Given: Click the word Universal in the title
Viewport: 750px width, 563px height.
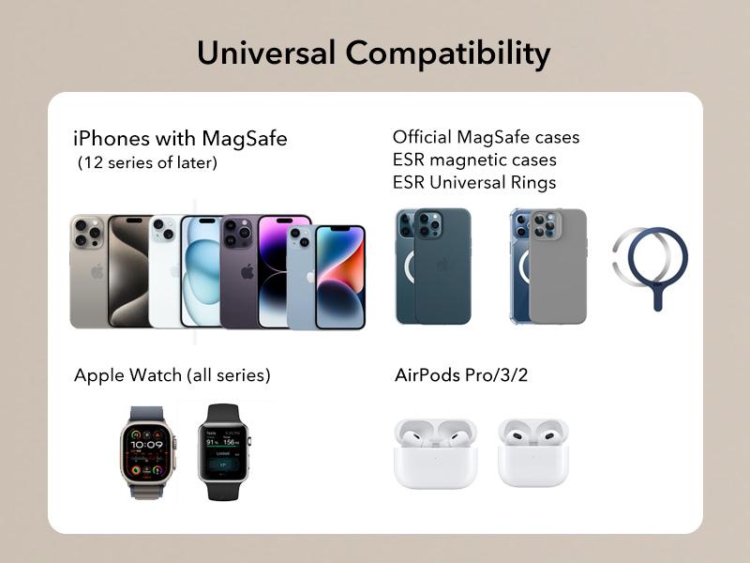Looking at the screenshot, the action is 266,53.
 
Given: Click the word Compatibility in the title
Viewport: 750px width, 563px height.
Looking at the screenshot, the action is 448,54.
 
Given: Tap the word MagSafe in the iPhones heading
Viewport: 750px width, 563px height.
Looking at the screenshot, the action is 245,139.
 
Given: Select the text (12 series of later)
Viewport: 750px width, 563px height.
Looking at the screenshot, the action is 147,162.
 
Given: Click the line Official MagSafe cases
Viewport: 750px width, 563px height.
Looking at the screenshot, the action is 486,137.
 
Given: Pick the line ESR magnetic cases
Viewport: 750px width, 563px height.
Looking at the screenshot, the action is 474,160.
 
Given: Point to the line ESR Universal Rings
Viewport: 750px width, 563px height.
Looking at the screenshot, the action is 474,182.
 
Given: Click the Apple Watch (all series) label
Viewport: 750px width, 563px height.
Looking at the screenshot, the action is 172,374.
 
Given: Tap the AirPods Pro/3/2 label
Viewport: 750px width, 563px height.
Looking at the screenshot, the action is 461,374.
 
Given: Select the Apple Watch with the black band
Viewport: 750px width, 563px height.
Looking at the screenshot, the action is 224,452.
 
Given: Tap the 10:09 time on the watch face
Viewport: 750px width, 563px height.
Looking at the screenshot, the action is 146,445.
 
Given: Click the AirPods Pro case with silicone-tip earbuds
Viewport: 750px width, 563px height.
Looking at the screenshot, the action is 435,453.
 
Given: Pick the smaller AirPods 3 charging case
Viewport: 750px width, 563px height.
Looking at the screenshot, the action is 532,452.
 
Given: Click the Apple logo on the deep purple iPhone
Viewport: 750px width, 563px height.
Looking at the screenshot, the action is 247,271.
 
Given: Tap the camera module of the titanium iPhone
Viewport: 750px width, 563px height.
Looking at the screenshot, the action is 87,232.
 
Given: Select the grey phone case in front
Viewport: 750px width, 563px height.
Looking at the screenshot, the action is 558,266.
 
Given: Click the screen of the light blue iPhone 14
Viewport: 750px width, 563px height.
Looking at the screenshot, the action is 340,278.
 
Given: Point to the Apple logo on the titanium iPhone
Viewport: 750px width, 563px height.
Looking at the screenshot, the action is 97,271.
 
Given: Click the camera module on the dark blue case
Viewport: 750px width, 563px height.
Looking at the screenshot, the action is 428,223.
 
